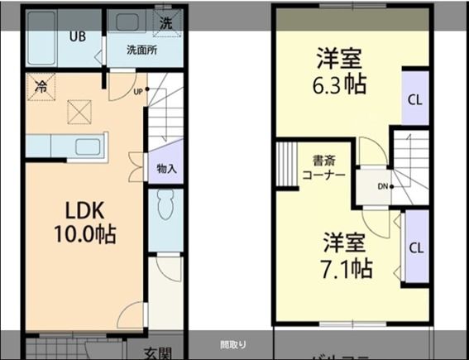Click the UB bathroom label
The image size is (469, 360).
click(x=77, y=36)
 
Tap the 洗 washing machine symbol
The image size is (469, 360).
click(x=166, y=22)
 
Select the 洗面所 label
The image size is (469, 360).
click(x=141, y=50)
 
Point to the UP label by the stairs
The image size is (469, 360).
click(x=138, y=92)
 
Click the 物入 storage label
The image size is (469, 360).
click(x=166, y=169)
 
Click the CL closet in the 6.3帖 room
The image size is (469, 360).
click(x=414, y=98)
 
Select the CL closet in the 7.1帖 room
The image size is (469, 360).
click(x=415, y=247)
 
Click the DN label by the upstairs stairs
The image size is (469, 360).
click(x=382, y=185)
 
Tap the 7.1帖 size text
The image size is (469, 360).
click(x=346, y=267)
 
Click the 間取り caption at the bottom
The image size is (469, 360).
click(x=233, y=344)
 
